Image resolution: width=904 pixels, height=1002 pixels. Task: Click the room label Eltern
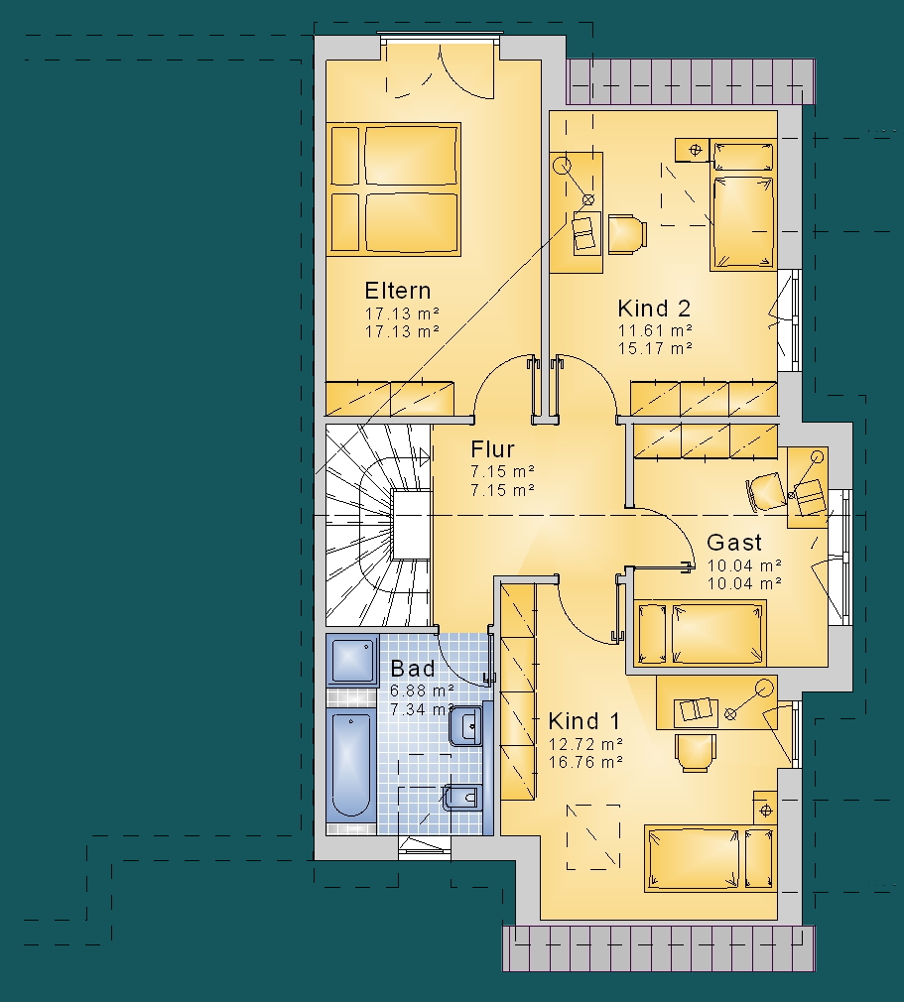coord(398,291)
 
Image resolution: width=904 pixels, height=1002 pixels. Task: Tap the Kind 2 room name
coord(654,309)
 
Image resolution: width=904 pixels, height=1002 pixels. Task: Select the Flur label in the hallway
coord(492,449)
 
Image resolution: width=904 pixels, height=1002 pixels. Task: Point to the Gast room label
coord(734,543)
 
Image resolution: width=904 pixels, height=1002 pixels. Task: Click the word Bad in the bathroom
coord(413,669)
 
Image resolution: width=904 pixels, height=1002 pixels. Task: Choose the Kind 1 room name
coord(583,721)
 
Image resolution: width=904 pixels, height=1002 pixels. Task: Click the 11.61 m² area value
coord(655,330)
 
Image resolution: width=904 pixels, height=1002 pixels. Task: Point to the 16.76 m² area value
coord(585,762)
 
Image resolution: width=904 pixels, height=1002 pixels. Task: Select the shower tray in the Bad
coord(352,660)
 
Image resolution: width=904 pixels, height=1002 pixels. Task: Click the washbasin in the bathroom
coord(466,725)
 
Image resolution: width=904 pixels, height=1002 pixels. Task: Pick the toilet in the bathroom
coord(461,798)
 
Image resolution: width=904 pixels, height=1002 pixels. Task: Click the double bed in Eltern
coord(394,189)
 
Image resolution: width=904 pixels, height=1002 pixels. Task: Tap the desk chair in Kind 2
coord(627,234)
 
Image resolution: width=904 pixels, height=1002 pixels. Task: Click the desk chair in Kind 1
coord(696,752)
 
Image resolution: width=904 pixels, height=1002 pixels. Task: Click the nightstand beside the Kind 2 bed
coord(693,151)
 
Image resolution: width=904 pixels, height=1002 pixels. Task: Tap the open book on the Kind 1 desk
coord(696,710)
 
